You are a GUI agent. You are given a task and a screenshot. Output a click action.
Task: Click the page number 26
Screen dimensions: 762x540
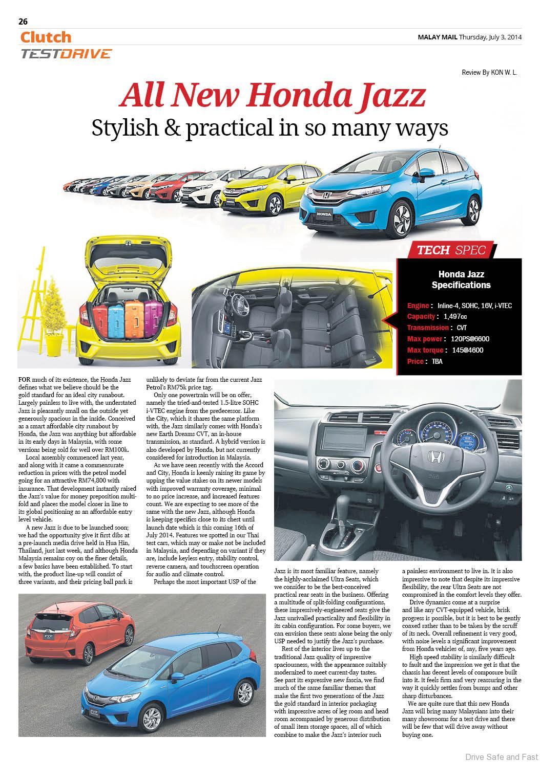(x=23, y=21)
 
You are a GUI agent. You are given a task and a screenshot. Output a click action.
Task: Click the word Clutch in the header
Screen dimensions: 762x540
(x=46, y=37)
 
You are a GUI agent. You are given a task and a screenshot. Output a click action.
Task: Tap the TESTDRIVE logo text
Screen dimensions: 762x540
(x=66, y=53)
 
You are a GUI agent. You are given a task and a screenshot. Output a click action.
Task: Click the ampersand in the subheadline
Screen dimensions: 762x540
(x=171, y=127)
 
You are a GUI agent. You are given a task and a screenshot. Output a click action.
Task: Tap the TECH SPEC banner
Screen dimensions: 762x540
(x=451, y=250)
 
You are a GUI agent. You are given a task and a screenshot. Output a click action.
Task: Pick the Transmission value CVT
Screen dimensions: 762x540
(x=462, y=328)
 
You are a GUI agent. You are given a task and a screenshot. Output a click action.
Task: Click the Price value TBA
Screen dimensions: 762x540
(x=437, y=361)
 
